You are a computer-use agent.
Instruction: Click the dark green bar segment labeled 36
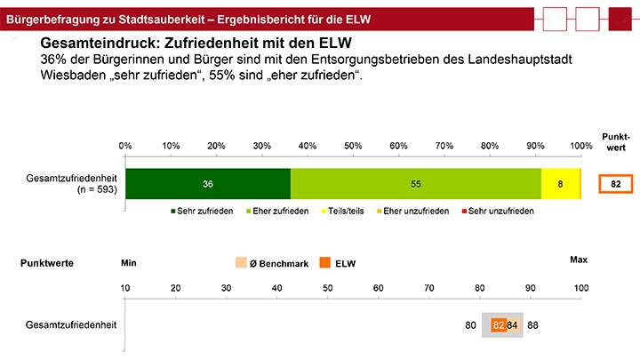coord(207,183)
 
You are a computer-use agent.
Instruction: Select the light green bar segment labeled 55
coord(415,183)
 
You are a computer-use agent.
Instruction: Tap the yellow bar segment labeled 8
coord(560,183)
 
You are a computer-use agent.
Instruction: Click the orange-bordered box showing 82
coord(614,183)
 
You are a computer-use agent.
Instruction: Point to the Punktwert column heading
coord(615,142)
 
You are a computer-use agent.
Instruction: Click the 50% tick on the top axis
coord(353,145)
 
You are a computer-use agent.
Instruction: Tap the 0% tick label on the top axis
coord(125,145)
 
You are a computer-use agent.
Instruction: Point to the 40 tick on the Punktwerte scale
coord(276,288)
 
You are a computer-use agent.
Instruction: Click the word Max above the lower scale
coord(579,260)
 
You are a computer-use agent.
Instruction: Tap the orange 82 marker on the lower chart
coord(499,325)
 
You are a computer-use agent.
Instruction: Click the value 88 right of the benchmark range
coord(532,325)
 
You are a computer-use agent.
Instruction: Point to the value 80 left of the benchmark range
coord(471,325)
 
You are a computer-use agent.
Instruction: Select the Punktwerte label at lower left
coord(47,263)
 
